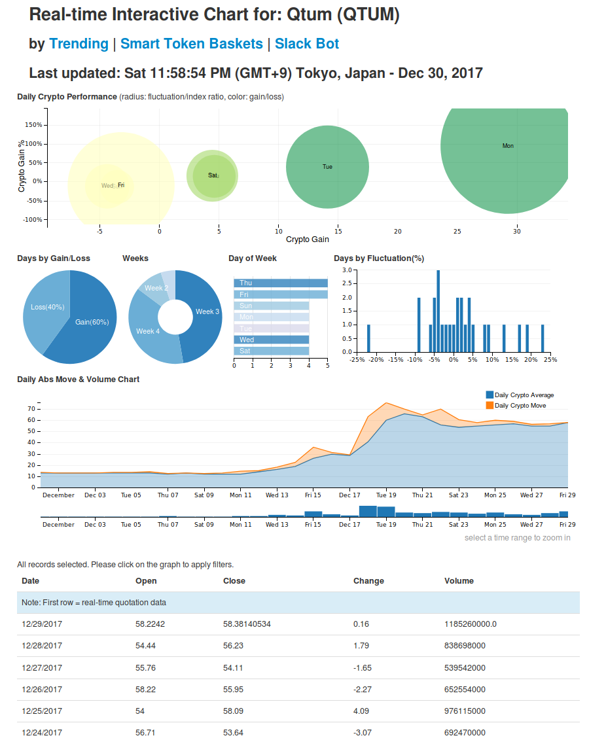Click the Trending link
(x=79, y=44)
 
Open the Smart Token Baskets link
(x=191, y=44)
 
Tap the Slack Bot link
(x=306, y=44)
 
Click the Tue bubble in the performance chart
(x=327, y=167)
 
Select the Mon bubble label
(x=508, y=146)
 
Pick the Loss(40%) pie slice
(x=47, y=307)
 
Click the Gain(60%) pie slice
(x=92, y=322)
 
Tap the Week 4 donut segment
(x=148, y=331)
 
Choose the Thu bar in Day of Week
(x=280, y=283)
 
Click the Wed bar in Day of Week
(x=271, y=340)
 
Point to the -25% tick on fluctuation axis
(x=357, y=359)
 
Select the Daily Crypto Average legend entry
(x=524, y=395)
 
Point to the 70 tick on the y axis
(x=31, y=408)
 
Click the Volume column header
(x=459, y=581)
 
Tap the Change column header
(x=368, y=581)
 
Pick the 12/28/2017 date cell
(x=42, y=646)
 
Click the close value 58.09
(x=234, y=711)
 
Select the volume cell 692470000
(x=465, y=733)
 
